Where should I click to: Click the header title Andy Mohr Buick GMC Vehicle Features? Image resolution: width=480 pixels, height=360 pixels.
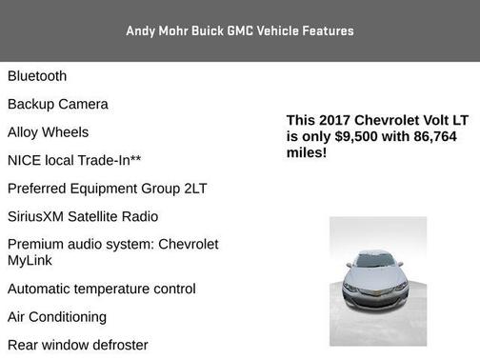click(240, 30)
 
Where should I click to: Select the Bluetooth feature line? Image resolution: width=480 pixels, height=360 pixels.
click(37, 76)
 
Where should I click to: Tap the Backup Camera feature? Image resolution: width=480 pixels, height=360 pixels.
click(58, 104)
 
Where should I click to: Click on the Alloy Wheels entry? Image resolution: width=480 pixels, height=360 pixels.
click(49, 132)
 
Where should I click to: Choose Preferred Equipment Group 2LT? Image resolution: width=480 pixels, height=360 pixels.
click(107, 189)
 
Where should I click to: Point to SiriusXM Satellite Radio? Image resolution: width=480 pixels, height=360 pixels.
click(83, 216)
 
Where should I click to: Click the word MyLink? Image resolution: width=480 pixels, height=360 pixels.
click(30, 260)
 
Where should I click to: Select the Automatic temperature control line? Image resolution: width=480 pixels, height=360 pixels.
click(102, 289)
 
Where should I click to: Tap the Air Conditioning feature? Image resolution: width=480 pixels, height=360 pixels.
click(57, 316)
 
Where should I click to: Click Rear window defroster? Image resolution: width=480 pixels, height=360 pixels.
click(78, 345)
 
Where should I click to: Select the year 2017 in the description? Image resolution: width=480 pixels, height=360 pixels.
click(333, 120)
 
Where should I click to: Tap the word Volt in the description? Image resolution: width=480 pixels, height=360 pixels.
click(432, 120)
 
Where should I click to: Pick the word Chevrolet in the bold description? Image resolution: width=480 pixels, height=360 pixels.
click(390, 120)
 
